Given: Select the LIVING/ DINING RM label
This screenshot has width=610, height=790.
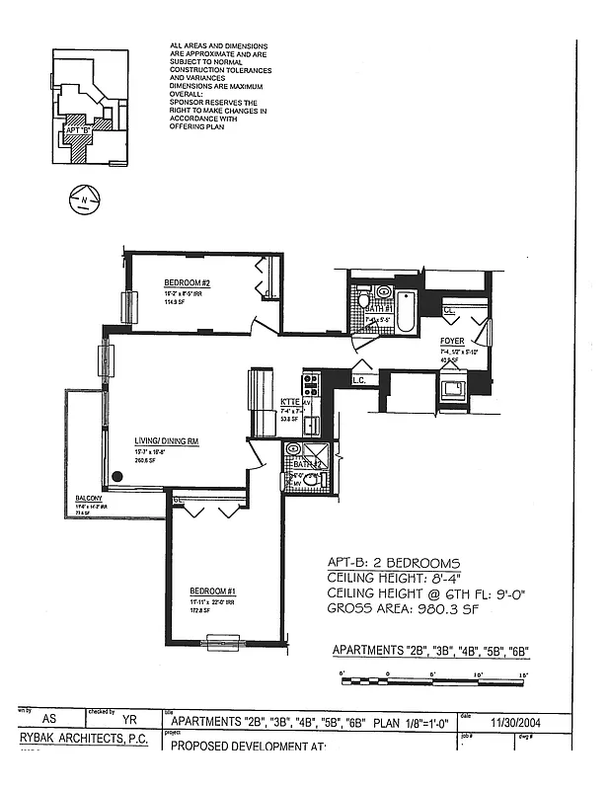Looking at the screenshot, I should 167,441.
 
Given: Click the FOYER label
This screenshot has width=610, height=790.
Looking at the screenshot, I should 452,341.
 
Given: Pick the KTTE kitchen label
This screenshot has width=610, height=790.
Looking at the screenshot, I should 289,402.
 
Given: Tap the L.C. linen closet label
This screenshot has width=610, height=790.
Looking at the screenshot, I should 359,379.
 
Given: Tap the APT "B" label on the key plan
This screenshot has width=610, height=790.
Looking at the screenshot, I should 77,129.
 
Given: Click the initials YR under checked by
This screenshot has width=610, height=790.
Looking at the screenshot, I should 127,722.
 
